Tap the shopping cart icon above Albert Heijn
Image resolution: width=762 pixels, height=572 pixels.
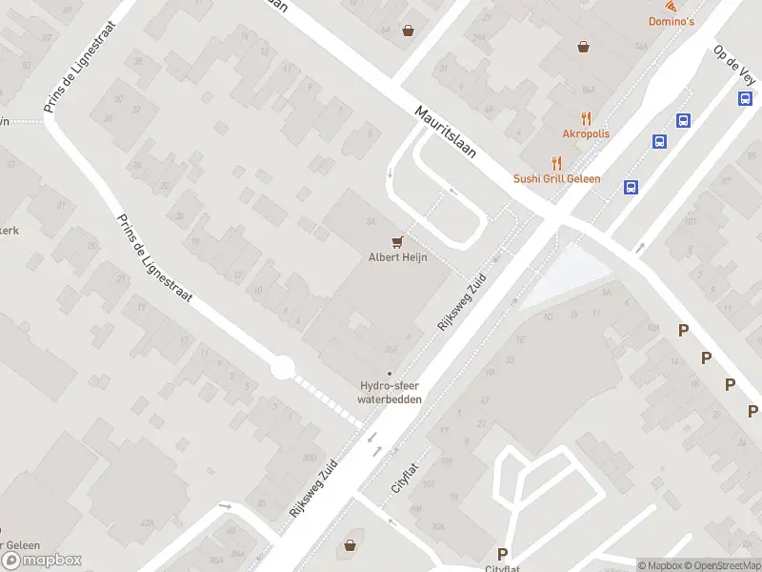[396, 241]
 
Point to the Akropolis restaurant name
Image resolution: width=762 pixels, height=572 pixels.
[586, 134]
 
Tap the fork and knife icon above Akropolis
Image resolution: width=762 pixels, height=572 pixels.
[586, 119]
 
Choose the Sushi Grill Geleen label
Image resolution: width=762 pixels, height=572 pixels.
[557, 178]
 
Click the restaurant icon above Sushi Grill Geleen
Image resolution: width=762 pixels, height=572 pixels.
[557, 163]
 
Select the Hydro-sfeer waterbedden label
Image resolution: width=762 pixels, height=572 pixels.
[389, 393]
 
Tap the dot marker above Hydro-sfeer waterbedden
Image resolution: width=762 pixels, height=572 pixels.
[389, 373]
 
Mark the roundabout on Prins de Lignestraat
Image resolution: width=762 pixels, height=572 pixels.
[281, 367]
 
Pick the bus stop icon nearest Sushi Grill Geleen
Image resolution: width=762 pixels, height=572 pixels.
[631, 187]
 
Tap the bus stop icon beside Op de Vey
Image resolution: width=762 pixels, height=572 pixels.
[749, 99]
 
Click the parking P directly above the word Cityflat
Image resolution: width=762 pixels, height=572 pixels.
[502, 554]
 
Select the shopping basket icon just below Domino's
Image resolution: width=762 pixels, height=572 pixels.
[584, 45]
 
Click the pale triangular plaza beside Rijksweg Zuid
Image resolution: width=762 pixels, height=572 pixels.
[567, 274]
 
